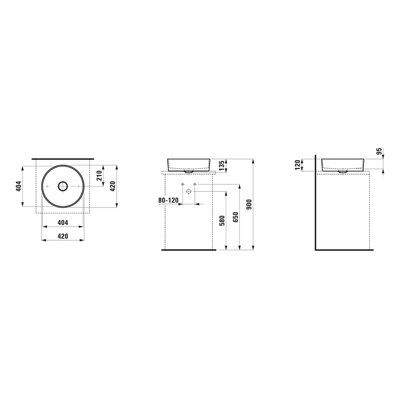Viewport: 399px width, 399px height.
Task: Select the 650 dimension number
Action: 235,217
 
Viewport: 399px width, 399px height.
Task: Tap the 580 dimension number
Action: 222,221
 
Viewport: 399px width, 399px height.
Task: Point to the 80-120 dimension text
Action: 168,200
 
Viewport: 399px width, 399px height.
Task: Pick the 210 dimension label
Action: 99,176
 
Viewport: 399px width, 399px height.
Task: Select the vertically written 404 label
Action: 18,186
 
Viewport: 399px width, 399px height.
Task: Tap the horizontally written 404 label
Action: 63,223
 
